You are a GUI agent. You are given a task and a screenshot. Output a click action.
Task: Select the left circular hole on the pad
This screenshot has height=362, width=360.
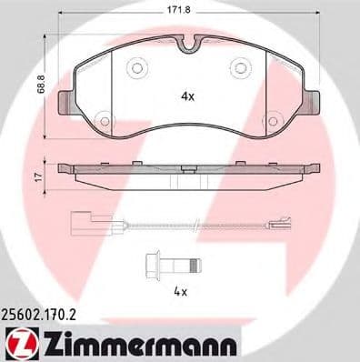pos(137,67)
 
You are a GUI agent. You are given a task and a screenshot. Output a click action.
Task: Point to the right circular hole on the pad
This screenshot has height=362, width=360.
pos(240,67)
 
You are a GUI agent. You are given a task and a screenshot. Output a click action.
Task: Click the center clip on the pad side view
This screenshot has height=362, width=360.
pos(188,168)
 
